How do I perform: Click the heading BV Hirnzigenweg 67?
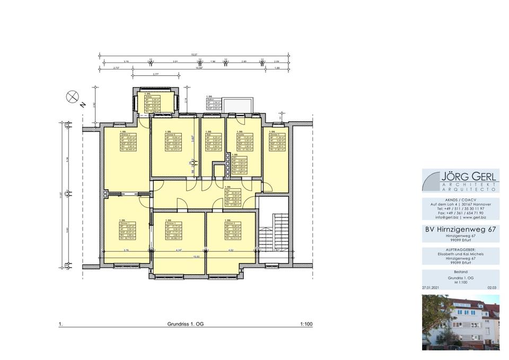tap(460, 230)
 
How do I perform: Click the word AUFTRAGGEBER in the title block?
tap(460, 249)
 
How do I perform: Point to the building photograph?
tap(460, 322)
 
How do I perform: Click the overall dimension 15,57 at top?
tap(194, 55)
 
